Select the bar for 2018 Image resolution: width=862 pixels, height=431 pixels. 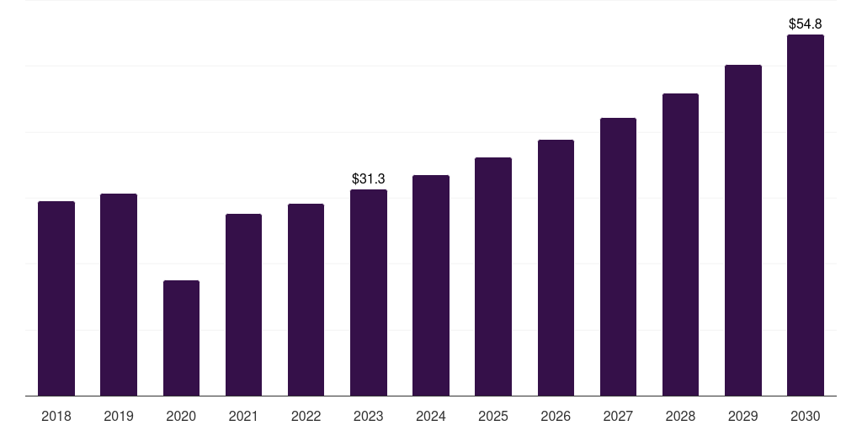tap(56, 299)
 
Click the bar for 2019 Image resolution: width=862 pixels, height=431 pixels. tap(119, 295)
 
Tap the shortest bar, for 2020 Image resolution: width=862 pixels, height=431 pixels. tap(182, 338)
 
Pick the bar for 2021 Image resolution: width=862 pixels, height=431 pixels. tap(243, 305)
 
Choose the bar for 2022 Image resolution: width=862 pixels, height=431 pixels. tap(306, 300)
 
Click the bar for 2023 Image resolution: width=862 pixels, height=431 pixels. tap(369, 292)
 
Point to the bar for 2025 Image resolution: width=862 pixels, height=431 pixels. tap(493, 276)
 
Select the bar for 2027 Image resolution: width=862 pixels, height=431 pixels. tap(618, 257)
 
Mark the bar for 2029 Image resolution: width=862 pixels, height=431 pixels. tap(743, 231)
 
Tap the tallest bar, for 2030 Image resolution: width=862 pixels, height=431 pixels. tap(806, 215)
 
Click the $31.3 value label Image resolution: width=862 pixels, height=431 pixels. tap(369, 178)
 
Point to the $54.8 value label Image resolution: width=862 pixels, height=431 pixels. tap(806, 24)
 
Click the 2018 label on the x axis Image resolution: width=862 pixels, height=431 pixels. tap(56, 416)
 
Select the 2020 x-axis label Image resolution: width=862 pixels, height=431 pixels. tap(181, 416)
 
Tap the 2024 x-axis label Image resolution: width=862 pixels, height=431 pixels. tap(431, 416)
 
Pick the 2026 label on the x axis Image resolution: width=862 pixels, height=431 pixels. tap(556, 416)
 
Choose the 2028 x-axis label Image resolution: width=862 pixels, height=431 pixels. tap(680, 416)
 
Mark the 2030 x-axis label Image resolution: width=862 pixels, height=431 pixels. tap(806, 416)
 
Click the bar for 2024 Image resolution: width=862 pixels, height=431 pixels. tap(431, 285)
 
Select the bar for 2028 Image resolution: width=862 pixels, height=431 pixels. tap(680, 245)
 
